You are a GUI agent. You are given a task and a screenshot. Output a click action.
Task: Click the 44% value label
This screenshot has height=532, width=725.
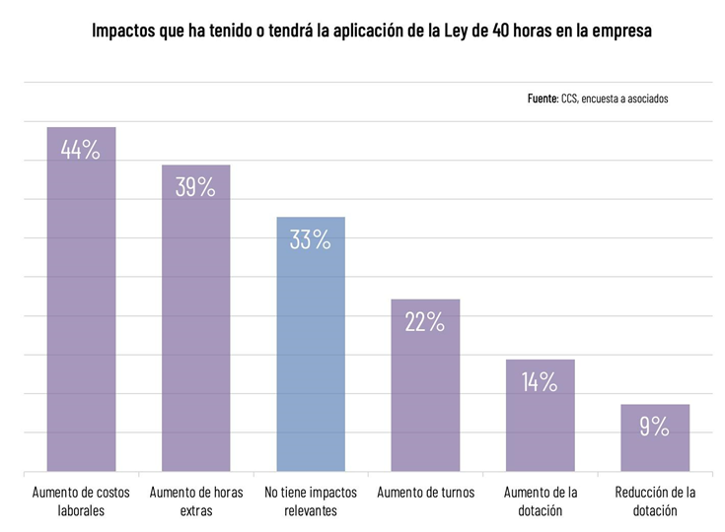(81, 151)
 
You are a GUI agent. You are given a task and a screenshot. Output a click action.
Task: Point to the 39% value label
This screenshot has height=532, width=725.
(195, 187)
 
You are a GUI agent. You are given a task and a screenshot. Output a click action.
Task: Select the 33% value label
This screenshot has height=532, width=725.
(311, 239)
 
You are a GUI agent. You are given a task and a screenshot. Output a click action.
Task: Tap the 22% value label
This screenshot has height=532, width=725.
(425, 322)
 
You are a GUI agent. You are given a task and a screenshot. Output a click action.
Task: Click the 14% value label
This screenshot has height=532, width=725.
(540, 382)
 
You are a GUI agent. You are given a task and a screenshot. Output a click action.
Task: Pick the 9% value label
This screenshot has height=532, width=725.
(654, 427)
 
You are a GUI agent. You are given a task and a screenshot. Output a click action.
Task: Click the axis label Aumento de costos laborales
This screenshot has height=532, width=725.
(81, 501)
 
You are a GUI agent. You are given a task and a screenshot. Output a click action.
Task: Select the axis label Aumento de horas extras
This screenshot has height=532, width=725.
(195, 501)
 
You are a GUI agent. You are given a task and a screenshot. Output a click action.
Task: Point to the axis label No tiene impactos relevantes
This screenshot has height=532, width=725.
(311, 501)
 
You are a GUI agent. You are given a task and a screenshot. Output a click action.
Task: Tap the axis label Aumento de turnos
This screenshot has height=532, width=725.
(425, 493)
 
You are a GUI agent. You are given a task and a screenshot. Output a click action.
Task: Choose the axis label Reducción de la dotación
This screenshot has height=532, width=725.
(654, 501)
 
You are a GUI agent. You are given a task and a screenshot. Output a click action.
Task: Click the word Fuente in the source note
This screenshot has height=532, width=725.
(543, 99)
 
